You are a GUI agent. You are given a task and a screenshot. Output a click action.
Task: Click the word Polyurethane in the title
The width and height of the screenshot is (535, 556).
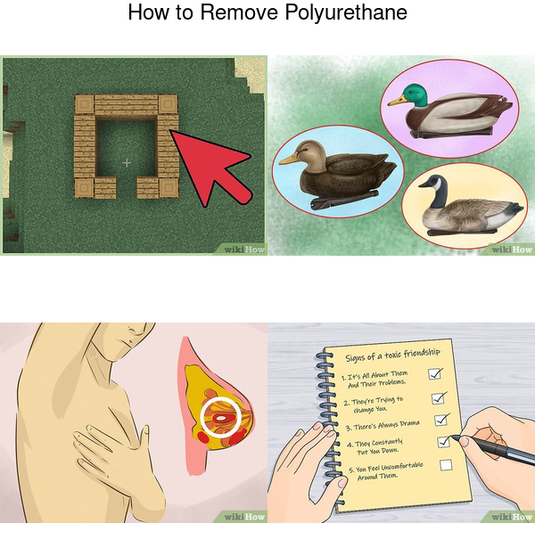(346, 12)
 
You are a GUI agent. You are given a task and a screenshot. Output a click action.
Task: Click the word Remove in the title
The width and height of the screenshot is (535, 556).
(239, 12)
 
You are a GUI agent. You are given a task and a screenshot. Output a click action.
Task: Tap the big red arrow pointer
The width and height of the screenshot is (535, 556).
(210, 166)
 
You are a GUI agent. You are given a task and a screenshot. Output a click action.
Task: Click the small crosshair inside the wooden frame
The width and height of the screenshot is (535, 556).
(127, 163)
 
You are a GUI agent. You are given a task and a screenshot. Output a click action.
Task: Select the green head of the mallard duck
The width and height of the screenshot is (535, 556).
(416, 94)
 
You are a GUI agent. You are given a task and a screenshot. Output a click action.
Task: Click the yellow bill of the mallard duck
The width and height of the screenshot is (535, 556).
(397, 101)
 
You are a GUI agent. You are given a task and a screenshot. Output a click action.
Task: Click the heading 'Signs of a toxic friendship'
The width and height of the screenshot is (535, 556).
(392, 356)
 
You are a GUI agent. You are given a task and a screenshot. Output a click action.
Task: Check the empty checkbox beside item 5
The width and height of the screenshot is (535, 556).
(446, 464)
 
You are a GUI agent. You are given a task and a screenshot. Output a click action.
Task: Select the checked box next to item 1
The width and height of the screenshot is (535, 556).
(435, 373)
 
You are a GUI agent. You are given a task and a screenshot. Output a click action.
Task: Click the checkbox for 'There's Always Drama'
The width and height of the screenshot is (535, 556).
(441, 420)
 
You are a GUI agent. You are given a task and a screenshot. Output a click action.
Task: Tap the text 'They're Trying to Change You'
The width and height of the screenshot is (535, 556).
(373, 405)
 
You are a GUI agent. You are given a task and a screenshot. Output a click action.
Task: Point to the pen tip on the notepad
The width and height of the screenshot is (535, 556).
(452, 437)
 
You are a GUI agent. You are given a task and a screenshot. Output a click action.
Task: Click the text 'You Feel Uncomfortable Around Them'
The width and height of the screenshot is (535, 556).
(386, 470)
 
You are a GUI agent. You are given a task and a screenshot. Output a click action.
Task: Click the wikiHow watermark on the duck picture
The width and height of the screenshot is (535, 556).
(512, 249)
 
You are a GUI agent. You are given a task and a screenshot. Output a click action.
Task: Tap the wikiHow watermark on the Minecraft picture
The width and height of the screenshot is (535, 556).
(244, 249)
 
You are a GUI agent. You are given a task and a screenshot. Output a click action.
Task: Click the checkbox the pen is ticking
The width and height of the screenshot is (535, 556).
(444, 442)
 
